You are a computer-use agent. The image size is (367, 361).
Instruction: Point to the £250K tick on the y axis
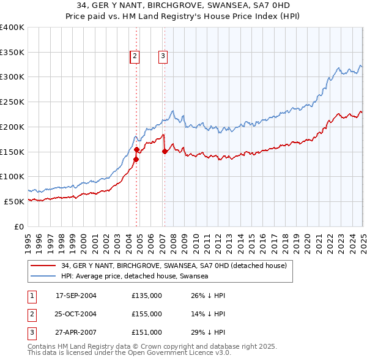[11, 102]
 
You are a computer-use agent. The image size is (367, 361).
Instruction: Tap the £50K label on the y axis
[13, 201]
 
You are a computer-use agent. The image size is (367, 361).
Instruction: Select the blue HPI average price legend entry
[135, 276]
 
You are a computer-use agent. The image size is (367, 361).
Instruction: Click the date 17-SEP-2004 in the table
[76, 296]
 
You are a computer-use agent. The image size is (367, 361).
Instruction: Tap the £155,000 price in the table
[147, 314]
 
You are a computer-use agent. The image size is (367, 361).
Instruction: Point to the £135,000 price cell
[147, 296]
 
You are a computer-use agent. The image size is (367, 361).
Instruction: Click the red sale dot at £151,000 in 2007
[165, 152]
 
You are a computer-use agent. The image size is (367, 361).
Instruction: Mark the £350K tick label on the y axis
[11, 53]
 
